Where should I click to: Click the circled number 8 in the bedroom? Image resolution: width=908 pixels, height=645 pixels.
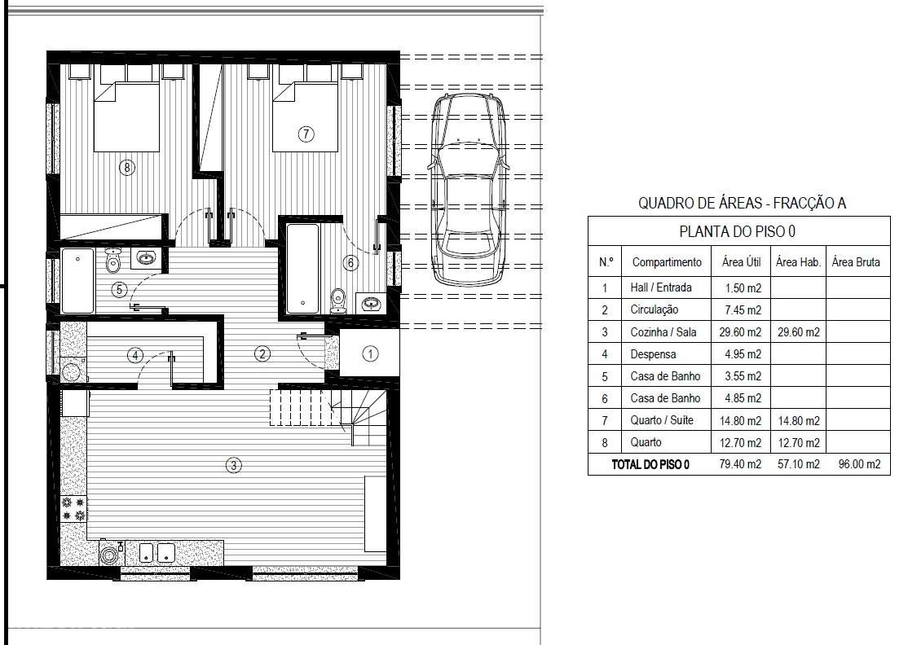point(127,168)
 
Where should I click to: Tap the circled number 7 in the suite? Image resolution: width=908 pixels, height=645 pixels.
point(306,134)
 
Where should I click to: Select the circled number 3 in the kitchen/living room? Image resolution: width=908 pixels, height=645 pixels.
point(233,465)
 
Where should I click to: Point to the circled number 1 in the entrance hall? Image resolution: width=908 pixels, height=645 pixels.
point(370,353)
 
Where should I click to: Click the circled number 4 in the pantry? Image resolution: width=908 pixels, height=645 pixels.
point(135,355)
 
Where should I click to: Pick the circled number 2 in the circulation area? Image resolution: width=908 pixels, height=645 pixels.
point(262,353)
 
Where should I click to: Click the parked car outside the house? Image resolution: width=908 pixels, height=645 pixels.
point(469,189)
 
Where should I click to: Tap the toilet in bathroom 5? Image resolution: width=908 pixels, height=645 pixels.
point(113,261)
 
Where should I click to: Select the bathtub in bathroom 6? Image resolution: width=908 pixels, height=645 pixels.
point(302,269)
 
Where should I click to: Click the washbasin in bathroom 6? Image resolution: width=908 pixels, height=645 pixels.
point(369,302)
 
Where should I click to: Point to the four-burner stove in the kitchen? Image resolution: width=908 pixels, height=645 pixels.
point(73,509)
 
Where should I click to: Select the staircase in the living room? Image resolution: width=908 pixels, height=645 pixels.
point(328,414)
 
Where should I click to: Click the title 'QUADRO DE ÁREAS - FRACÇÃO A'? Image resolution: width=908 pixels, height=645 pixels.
point(742,203)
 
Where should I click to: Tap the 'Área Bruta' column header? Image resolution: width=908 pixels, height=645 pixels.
point(856,262)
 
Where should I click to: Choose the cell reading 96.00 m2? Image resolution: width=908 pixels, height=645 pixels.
point(859,464)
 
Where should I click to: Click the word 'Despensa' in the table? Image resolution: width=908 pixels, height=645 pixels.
point(653,354)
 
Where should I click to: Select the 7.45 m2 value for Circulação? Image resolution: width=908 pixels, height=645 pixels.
point(743,310)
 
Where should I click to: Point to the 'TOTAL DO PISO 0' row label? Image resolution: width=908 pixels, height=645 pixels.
point(650,464)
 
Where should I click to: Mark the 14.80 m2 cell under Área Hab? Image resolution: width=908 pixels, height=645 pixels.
point(799,420)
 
